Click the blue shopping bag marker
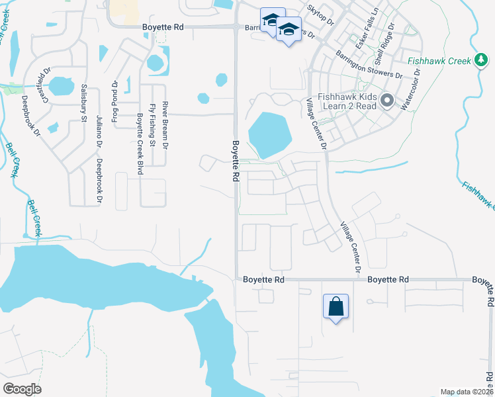coord(336,307)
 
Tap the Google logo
coord(22,389)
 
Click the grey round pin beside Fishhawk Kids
coord(387,101)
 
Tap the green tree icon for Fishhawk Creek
coord(482,61)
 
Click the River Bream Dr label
coord(165,124)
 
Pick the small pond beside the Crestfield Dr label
coord(62,85)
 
